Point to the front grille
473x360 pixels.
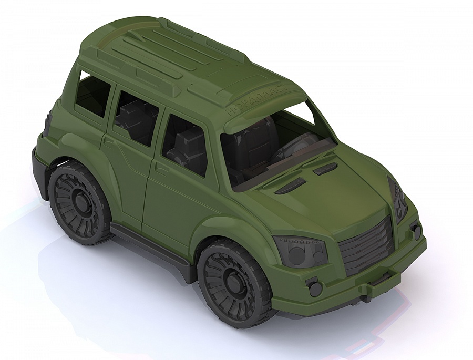tap(366, 244)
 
